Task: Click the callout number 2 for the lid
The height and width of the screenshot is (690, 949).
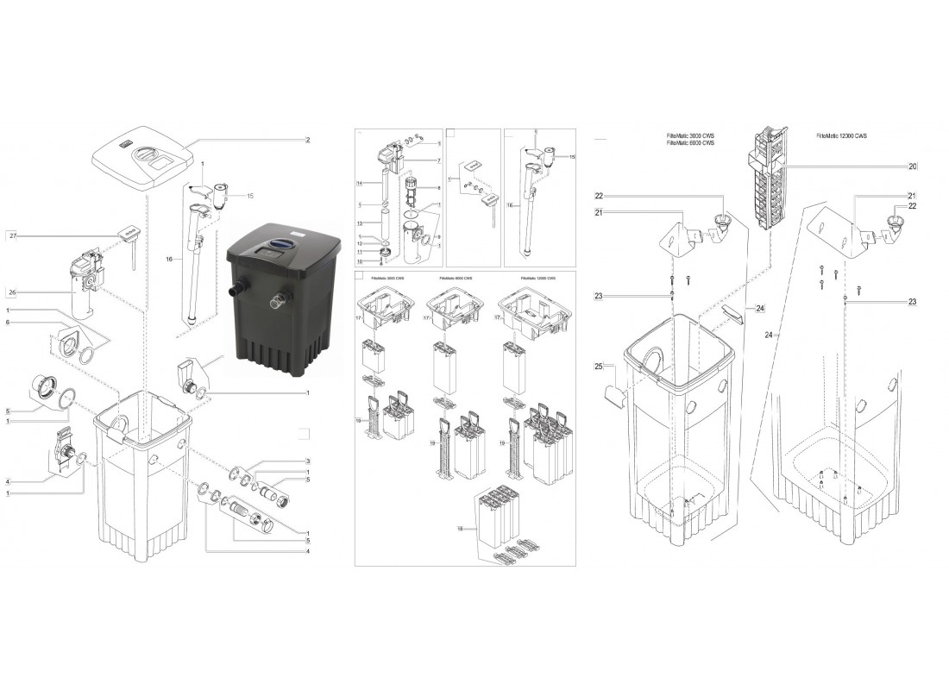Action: (x=307, y=140)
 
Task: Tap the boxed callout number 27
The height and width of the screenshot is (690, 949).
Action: (x=12, y=235)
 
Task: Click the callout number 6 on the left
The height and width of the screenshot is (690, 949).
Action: (x=8, y=323)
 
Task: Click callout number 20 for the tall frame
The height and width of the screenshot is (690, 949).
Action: (x=912, y=166)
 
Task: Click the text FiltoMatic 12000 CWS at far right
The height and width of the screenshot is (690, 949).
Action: (x=844, y=136)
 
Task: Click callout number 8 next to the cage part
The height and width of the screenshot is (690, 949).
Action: (x=438, y=187)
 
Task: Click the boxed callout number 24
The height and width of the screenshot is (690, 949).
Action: (x=760, y=308)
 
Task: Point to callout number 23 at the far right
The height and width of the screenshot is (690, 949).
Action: (x=912, y=302)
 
